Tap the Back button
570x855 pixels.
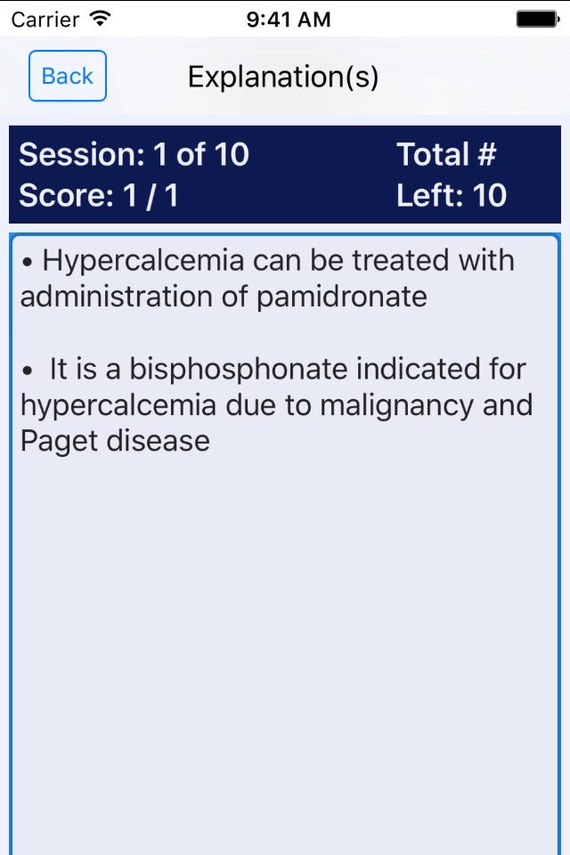[x=68, y=76]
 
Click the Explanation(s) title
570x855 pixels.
[x=283, y=77]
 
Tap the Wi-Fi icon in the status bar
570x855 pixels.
[x=101, y=19]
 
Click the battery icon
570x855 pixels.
[x=538, y=19]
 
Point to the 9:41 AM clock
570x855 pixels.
[x=289, y=20]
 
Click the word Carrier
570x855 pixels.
[x=45, y=20]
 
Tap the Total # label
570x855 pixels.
[x=446, y=154]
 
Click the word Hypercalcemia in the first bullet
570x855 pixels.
[x=142, y=262]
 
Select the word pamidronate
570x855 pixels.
[x=342, y=297]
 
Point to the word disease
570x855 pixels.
[x=158, y=441]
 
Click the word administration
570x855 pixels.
[x=116, y=297]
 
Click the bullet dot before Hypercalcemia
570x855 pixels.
[x=28, y=263]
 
